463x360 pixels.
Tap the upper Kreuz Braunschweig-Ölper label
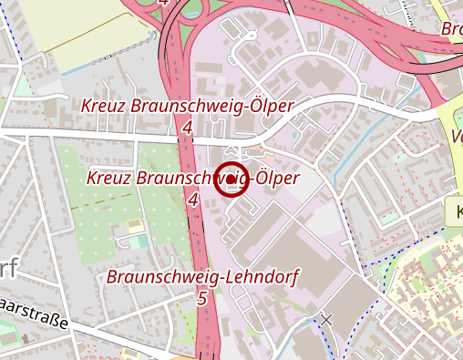click(187, 107)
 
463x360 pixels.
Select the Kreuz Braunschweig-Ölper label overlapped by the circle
click(192, 178)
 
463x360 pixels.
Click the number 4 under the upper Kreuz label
click(187, 128)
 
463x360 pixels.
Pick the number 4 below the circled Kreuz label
click(192, 199)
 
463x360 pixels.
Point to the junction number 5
click(201, 297)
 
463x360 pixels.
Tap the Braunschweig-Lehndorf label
click(203, 276)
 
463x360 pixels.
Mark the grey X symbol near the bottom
click(326, 319)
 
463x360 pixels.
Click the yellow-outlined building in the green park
click(135, 224)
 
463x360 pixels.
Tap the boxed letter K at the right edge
click(455, 213)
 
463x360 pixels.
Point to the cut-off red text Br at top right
click(452, 28)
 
